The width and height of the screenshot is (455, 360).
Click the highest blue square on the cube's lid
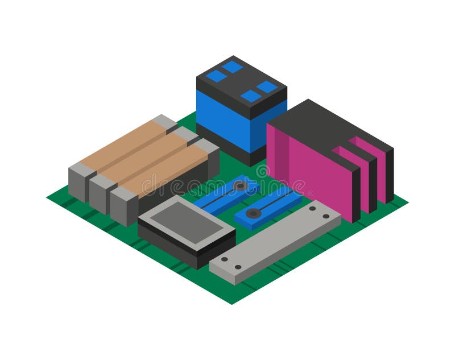pos(233,67)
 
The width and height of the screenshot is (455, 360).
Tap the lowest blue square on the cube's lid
pos(251,96)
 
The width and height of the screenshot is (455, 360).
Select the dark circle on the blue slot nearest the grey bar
pos(254,213)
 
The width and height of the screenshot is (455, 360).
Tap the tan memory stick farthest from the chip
pos(119,142)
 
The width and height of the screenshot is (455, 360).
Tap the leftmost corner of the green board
pos(48,197)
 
